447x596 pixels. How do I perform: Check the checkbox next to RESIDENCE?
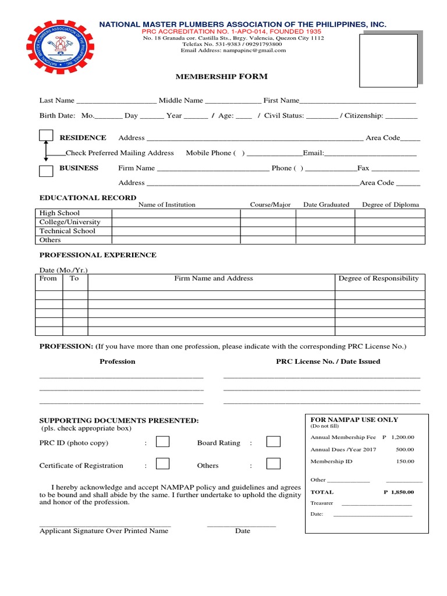point(47,135)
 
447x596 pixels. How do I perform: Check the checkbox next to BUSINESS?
point(47,171)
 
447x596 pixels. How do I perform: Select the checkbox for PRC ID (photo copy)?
point(162,442)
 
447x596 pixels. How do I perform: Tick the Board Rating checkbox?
point(273,442)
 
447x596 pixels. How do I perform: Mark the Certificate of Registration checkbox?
point(162,464)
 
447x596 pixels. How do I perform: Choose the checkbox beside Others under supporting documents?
point(273,464)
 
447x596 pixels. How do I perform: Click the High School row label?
point(59,213)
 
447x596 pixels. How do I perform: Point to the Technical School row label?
point(67,231)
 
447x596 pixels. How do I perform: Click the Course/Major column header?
point(270,205)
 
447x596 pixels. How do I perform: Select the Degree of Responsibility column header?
point(378,278)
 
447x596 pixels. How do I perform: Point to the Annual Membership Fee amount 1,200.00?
point(402,437)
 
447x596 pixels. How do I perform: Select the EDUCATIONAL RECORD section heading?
point(87,197)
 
